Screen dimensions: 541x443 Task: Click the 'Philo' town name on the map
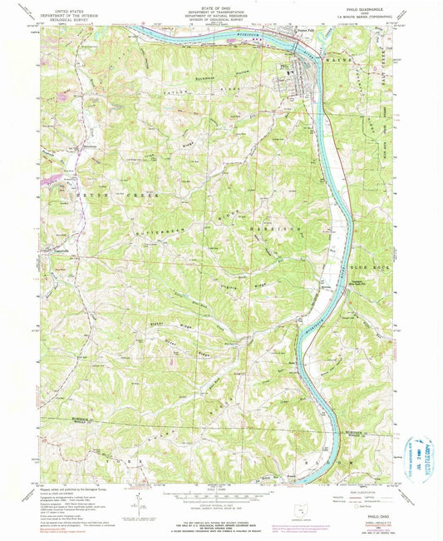288,65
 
